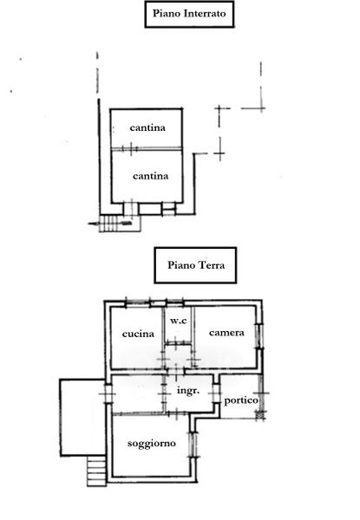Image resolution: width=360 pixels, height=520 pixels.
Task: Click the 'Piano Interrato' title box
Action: (x=189, y=14)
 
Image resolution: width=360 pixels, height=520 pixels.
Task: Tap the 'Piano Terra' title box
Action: (x=195, y=265)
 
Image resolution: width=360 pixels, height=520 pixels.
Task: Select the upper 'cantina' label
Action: (x=147, y=127)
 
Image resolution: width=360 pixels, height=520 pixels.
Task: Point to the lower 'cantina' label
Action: (x=151, y=176)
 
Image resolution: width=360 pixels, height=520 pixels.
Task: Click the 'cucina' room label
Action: (x=138, y=334)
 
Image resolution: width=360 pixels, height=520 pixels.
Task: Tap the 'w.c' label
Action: (x=179, y=321)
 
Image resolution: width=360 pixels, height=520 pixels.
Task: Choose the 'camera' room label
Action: (x=226, y=332)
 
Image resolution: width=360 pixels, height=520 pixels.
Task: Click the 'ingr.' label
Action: (x=188, y=391)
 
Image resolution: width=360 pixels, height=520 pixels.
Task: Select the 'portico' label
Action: (x=241, y=400)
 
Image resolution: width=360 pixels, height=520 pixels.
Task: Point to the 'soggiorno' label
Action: (x=152, y=444)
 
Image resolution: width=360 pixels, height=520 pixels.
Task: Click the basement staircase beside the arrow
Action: (x=108, y=224)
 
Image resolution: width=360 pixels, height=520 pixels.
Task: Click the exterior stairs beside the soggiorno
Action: (x=96, y=471)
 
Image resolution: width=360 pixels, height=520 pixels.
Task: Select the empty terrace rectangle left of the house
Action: (x=82, y=418)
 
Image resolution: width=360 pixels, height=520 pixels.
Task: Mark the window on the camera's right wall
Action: (x=259, y=335)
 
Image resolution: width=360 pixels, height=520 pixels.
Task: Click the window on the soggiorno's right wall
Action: (x=193, y=445)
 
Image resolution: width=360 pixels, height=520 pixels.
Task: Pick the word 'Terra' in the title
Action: (x=212, y=265)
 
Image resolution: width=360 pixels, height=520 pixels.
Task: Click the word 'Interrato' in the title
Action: (x=205, y=14)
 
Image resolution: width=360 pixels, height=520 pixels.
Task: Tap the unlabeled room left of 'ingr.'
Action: (x=137, y=394)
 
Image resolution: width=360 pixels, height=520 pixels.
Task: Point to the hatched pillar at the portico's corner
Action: (x=260, y=414)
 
